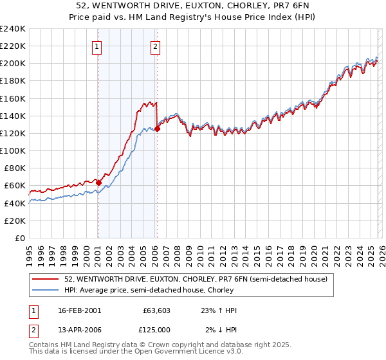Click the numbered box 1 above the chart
[96, 46]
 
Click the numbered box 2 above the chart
[156, 46]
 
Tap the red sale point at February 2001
[98, 183]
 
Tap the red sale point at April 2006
[157, 129]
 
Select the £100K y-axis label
[13, 150]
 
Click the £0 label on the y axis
[19, 238]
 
